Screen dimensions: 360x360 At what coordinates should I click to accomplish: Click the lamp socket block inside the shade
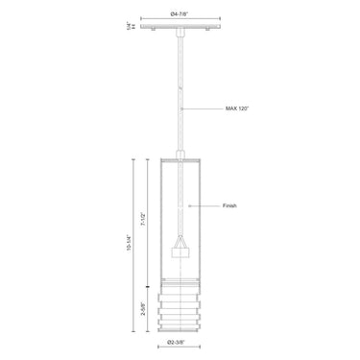pyautogui.click(x=180, y=252)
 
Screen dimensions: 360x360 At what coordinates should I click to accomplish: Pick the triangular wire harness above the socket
pyautogui.click(x=180, y=237)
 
